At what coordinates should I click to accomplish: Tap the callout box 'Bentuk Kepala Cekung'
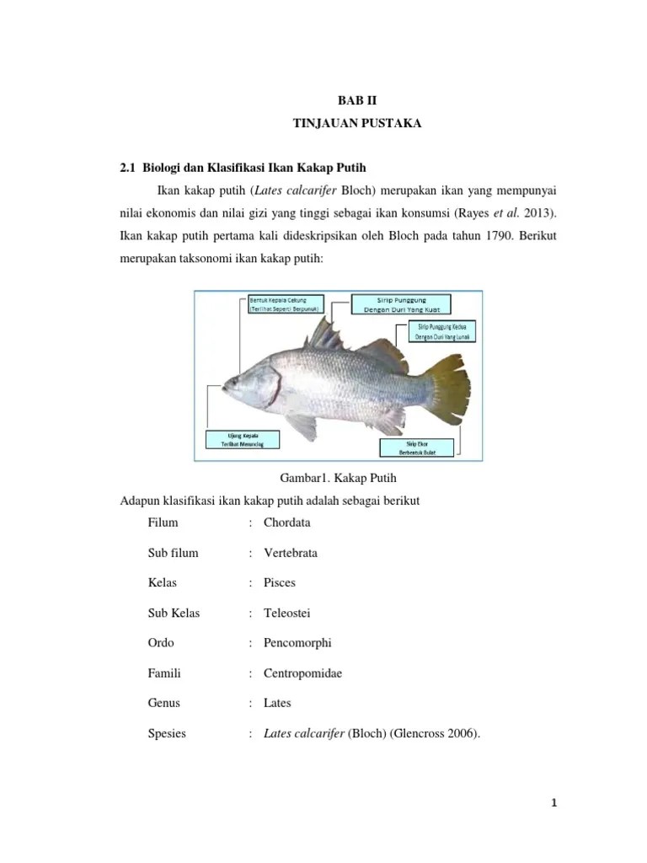coord(283,304)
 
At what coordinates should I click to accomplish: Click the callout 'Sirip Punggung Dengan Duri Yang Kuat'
coord(400,304)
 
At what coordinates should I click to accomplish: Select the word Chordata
coord(286,523)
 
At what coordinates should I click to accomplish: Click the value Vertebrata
coord(290,553)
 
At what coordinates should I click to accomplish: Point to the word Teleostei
coord(287,613)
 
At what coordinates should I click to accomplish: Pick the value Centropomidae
coord(302,673)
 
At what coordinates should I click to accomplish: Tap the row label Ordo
coord(160,643)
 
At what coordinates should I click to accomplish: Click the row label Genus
coord(163,703)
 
